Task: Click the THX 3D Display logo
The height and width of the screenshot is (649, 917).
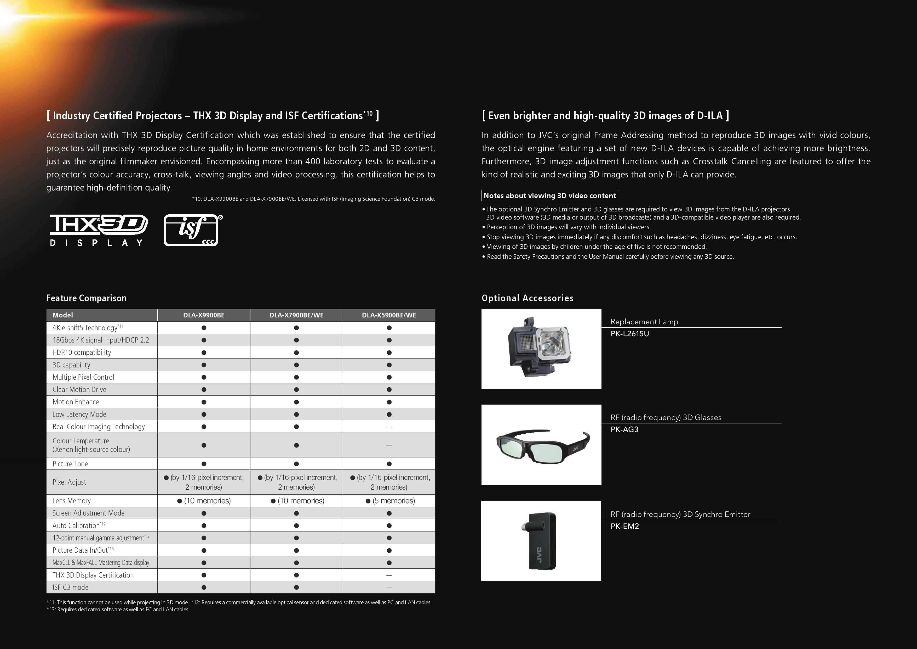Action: click(x=99, y=230)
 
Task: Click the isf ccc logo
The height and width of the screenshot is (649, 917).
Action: click(x=192, y=230)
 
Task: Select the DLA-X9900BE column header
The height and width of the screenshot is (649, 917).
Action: click(x=204, y=315)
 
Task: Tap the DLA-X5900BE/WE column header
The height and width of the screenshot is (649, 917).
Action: click(x=389, y=315)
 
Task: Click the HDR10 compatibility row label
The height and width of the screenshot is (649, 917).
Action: click(x=82, y=352)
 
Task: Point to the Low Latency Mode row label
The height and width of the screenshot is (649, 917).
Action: click(x=79, y=414)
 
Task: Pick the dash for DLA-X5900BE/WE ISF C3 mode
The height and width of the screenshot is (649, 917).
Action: click(x=389, y=588)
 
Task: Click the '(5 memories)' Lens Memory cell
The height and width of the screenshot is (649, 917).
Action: click(x=390, y=501)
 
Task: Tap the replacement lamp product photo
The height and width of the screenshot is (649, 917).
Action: click(x=541, y=348)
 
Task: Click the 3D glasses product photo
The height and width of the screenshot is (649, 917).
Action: click(x=541, y=445)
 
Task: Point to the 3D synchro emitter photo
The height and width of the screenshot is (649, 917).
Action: click(x=541, y=541)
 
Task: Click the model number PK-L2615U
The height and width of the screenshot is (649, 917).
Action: click(x=629, y=333)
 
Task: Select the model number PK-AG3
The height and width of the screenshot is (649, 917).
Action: click(x=624, y=429)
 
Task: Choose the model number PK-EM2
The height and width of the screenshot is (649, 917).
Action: click(x=625, y=526)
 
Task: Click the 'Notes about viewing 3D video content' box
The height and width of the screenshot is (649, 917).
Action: click(x=550, y=195)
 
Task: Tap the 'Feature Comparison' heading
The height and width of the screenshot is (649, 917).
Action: click(x=86, y=298)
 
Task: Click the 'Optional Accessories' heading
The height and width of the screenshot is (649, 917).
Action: click(x=527, y=298)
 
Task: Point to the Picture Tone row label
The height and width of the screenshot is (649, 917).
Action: click(x=70, y=464)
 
